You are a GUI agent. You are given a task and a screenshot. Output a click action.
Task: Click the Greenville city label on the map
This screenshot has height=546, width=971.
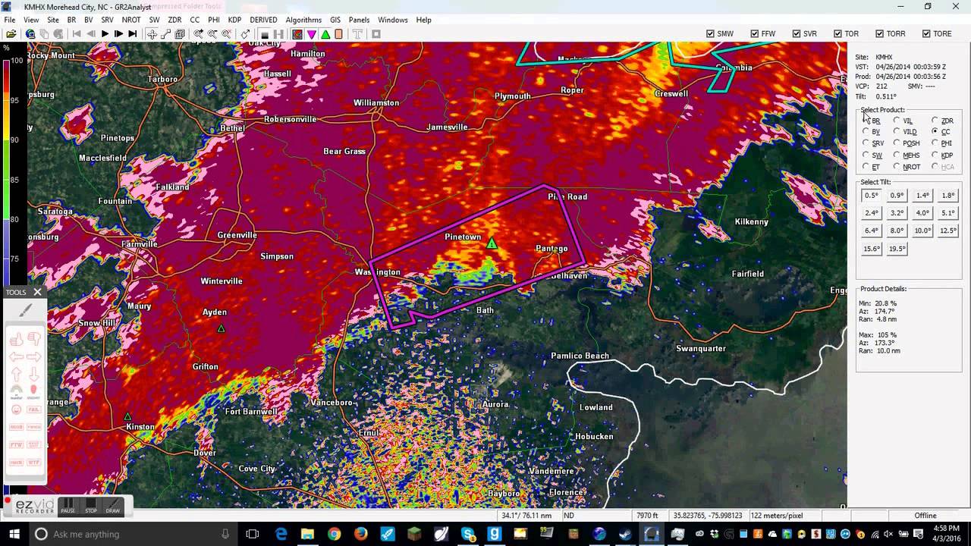[x=237, y=235]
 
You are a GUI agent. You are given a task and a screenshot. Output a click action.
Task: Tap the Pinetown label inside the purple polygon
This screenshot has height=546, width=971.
[x=463, y=237]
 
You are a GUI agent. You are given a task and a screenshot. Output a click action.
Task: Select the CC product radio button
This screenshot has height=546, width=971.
[x=935, y=132]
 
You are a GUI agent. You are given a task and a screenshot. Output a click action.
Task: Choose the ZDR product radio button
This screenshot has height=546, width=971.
[x=935, y=121]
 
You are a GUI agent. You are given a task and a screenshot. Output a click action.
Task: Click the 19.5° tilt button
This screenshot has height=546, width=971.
[x=897, y=249]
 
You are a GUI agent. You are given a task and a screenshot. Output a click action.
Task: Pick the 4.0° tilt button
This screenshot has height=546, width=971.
[x=922, y=213]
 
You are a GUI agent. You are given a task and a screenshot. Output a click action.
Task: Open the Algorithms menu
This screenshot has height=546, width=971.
[x=303, y=20]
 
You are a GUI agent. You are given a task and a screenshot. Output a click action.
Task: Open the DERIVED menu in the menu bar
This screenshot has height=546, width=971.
[x=263, y=20]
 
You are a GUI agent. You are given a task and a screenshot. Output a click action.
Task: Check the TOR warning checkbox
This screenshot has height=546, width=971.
[x=837, y=34]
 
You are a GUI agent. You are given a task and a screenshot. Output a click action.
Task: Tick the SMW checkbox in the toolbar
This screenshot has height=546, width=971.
[x=710, y=34]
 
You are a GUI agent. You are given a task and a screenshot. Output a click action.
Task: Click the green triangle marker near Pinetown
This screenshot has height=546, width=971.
[x=492, y=243]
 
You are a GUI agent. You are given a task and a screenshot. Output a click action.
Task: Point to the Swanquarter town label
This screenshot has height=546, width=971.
[x=700, y=349]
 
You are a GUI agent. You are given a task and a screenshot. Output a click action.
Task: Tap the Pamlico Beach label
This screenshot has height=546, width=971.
[x=580, y=356]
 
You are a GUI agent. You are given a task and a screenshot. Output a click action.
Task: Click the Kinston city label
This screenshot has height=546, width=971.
[x=140, y=427]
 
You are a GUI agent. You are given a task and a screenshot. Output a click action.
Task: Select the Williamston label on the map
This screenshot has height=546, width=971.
[x=376, y=103]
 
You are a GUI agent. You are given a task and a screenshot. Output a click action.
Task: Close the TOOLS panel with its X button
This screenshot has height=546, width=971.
[x=37, y=292]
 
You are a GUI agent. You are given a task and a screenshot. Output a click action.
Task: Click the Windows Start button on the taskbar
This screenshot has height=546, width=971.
[x=13, y=534]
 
